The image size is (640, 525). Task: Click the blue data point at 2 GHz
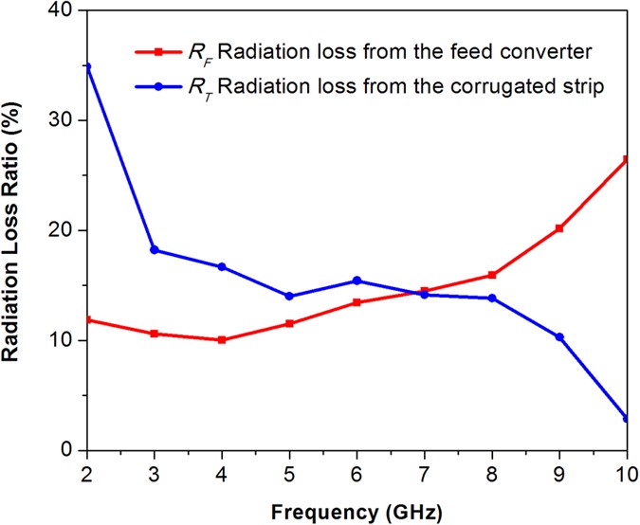pyautogui.click(x=87, y=67)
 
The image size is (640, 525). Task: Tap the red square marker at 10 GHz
pyautogui.click(x=626, y=159)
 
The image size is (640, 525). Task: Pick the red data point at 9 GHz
pyautogui.click(x=558, y=228)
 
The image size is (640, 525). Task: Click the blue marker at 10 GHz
pyautogui.click(x=626, y=418)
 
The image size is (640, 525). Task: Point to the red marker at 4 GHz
pyautogui.click(x=222, y=339)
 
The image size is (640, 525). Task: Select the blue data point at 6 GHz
pyautogui.click(x=357, y=281)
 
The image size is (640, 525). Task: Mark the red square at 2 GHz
pyautogui.click(x=87, y=319)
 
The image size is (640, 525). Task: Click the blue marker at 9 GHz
pyautogui.click(x=558, y=337)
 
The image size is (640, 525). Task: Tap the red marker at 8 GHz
pyautogui.click(x=491, y=275)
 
